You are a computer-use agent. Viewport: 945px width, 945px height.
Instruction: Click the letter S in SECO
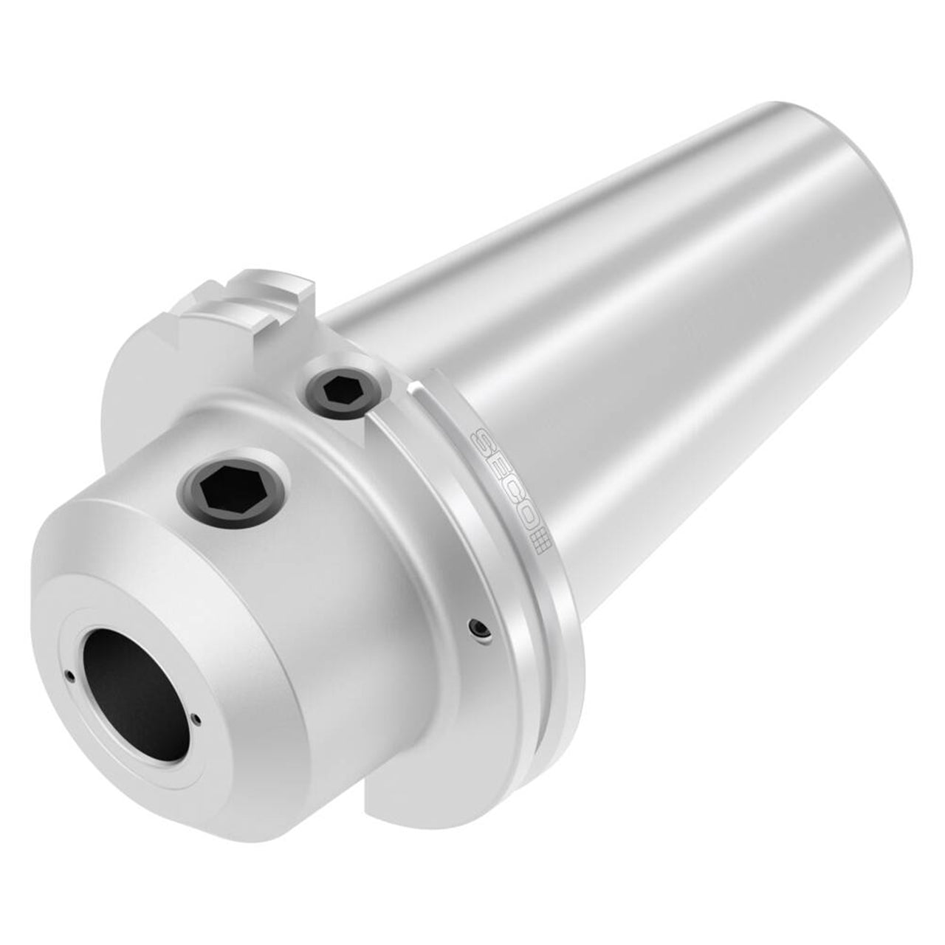[x=478, y=439]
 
